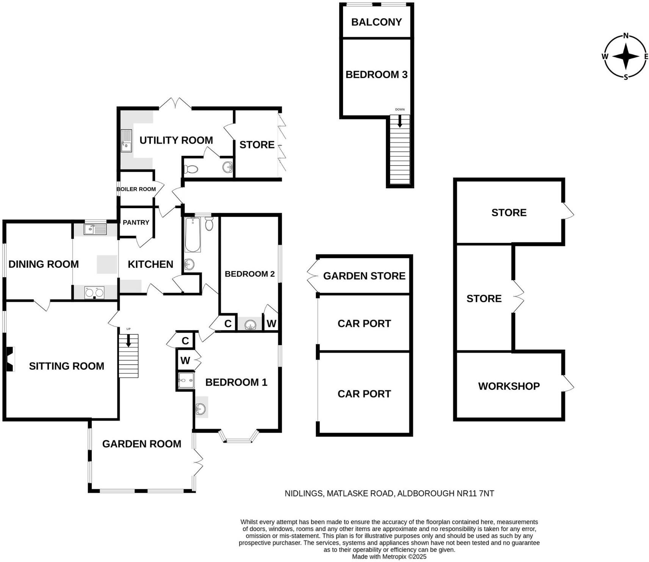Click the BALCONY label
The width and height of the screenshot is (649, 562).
[376, 22]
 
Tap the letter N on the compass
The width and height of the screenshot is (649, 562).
[626, 36]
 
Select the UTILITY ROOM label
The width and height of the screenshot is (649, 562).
[176, 140]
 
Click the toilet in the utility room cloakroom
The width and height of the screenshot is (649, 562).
[191, 169]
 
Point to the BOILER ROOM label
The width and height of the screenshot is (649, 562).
[136, 189]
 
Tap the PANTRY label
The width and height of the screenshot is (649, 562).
[136, 222]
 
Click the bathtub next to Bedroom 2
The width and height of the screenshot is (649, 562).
[193, 234]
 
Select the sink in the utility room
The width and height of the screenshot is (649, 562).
[126, 141]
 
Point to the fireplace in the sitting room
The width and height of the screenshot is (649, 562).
[9, 359]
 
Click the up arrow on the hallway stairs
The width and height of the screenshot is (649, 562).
[128, 340]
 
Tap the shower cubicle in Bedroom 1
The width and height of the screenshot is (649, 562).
[186, 380]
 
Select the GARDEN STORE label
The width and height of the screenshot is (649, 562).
[364, 276]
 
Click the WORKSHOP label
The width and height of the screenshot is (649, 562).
[509, 386]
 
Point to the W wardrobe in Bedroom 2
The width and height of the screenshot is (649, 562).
[271, 323]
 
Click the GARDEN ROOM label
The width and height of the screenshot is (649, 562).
[141, 444]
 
